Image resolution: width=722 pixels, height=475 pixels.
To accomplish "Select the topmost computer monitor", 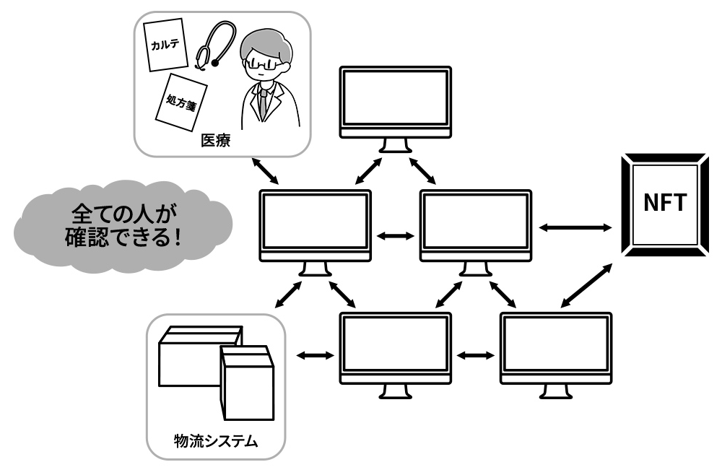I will click(x=396, y=101).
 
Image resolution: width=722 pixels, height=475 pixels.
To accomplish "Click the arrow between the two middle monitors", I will click(x=396, y=235).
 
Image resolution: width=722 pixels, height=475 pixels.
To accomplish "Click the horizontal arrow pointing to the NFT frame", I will click(x=575, y=227).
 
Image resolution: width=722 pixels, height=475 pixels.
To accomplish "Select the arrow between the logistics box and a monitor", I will click(x=316, y=354).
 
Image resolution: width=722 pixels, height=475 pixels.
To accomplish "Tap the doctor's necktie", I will click(x=264, y=101).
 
